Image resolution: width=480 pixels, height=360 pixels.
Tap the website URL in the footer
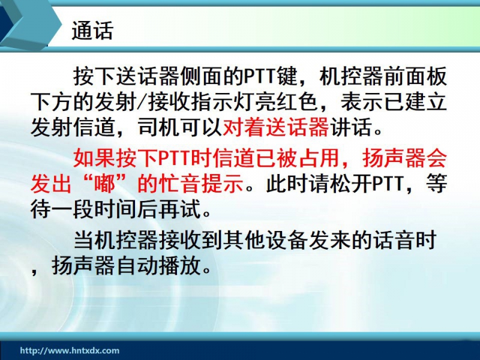tap(70, 350)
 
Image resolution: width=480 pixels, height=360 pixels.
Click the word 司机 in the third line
tap(159, 127)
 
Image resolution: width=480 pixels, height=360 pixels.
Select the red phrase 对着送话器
tap(276, 127)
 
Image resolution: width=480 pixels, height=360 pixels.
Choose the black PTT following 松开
tap(388, 184)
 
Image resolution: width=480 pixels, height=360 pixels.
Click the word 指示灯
tap(223, 101)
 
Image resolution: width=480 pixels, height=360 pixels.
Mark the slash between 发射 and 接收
tap(142, 101)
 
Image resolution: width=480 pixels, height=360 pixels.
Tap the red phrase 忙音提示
tap(202, 184)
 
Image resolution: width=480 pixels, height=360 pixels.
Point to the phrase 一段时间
tap(94, 209)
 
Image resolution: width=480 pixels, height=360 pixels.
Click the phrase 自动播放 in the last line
tap(159, 266)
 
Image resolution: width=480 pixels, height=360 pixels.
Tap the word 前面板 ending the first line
tap(416, 76)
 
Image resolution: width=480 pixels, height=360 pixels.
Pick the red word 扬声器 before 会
tap(394, 158)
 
